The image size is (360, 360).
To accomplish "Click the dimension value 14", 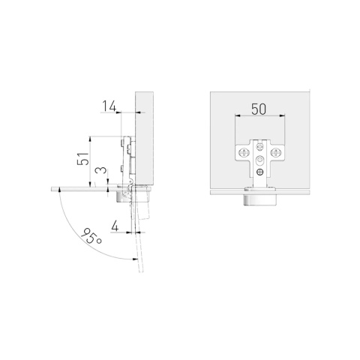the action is pyautogui.click(x=109, y=106).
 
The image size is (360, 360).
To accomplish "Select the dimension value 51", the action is pyautogui.click(x=82, y=159).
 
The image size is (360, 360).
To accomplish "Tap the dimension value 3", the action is pyautogui.click(x=101, y=171).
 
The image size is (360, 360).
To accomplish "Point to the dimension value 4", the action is pyautogui.click(x=115, y=226).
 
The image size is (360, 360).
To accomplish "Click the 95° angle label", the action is pyautogui.click(x=91, y=236).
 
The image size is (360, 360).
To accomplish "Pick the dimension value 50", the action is pyautogui.click(x=259, y=109).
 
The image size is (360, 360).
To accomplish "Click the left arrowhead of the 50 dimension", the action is pyautogui.click(x=237, y=115).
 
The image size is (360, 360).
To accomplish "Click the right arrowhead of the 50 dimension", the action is pyautogui.click(x=282, y=115).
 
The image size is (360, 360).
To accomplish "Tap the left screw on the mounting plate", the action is pyautogui.click(x=244, y=152).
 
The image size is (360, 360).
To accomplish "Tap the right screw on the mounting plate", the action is pyautogui.click(x=275, y=152).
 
